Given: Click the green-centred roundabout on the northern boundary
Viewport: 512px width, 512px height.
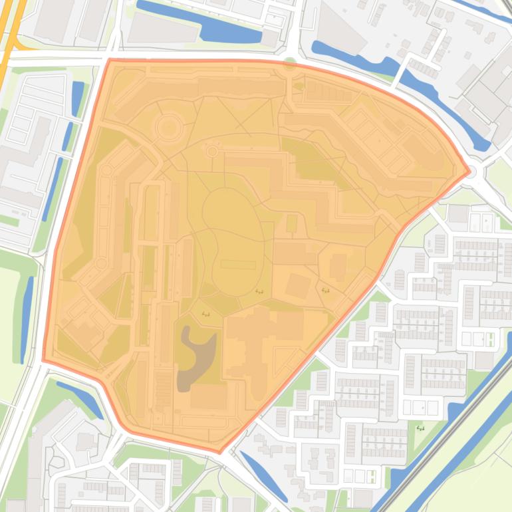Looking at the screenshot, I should coord(289,64).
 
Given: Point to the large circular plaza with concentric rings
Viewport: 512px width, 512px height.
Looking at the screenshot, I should coord(168,126).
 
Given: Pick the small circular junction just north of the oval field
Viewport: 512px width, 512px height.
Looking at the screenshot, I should coord(212,152).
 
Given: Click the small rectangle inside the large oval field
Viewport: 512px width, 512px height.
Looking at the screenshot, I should coord(233,265).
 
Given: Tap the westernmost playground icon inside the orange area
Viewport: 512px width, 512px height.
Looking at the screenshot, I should coord(205,313).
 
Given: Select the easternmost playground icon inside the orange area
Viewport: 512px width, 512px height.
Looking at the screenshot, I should coord(324,290).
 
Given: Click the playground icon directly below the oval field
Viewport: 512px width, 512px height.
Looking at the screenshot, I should coord(259,291).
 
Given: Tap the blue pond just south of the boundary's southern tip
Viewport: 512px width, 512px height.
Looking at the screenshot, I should coord(263,475).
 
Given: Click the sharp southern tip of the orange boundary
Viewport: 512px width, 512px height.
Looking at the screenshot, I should coord(220,452).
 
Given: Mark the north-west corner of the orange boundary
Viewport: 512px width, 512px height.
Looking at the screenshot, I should coord(109,60).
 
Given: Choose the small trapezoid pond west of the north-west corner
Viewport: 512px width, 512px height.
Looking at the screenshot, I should coord(78,97).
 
